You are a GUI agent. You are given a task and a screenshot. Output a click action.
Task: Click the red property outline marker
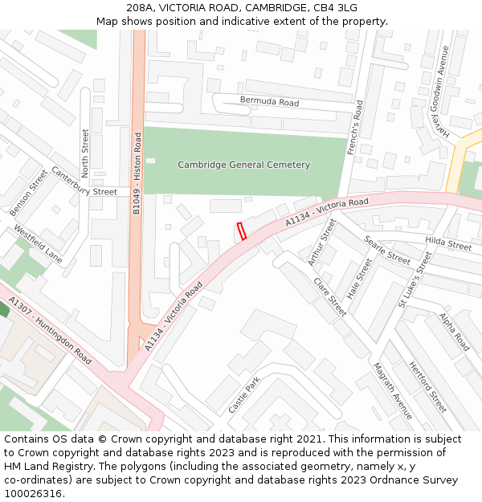(240, 231)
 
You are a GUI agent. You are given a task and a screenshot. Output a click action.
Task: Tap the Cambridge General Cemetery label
(243, 165)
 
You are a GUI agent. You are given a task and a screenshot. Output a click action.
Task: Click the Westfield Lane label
(37, 244)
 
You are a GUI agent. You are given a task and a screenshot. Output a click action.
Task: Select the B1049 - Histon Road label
(137, 173)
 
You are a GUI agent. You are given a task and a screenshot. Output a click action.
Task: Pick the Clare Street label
(329, 297)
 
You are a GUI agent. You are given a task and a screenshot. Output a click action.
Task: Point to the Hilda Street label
(448, 244)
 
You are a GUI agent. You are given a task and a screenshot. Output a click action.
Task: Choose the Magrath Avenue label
(392, 390)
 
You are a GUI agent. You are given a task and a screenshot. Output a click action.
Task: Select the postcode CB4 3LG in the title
(335, 7)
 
